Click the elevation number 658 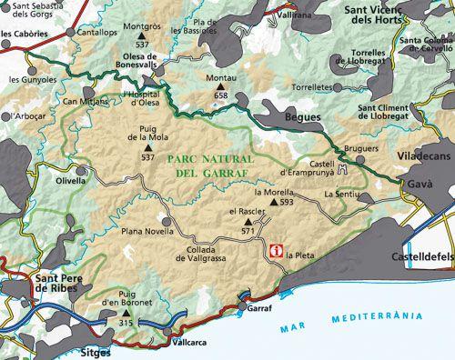tap(219, 95)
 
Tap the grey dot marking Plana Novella tap(166, 220)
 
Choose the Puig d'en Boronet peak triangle tap(126, 313)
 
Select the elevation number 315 tap(126, 324)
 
